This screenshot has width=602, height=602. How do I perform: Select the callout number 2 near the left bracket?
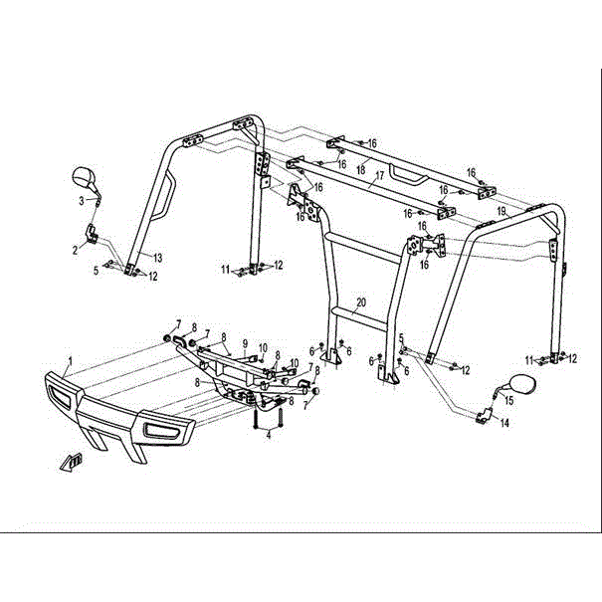[x=75, y=250]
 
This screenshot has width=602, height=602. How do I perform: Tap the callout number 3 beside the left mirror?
[x=83, y=201]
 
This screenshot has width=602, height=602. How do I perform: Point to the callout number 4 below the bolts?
[x=268, y=435]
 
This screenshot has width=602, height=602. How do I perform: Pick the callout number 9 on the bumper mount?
[x=245, y=342]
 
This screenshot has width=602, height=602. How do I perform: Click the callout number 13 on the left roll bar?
[x=156, y=258]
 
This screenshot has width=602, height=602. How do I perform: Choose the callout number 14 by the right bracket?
[x=505, y=423]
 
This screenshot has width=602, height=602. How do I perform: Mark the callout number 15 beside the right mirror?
[x=508, y=400]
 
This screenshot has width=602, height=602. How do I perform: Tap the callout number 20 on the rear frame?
[x=360, y=301]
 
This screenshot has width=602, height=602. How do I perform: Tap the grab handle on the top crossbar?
[x=408, y=175]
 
